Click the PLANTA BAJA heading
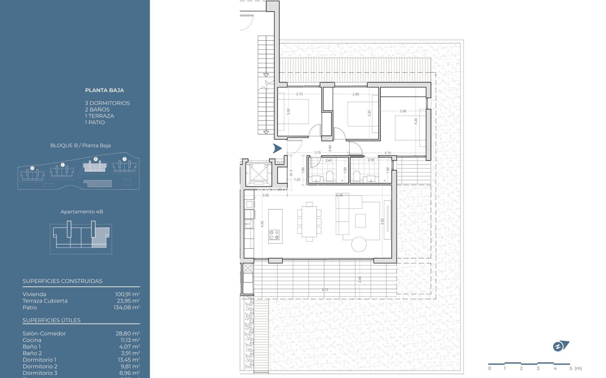(104, 90)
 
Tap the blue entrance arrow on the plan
(277, 148)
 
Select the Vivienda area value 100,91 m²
(127, 294)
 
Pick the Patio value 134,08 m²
(127, 307)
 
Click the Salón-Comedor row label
(44, 333)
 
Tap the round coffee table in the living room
(359, 244)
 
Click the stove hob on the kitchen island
(274, 235)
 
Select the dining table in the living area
(309, 221)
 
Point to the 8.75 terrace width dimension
(325, 290)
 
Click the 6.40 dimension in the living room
(339, 195)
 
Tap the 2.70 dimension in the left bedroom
(299, 94)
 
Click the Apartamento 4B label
(82, 212)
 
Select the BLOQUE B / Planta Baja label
(80, 146)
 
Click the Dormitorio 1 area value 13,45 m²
(127, 360)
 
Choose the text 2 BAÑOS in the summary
(97, 110)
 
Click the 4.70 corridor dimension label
(388, 153)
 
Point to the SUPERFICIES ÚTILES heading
(51, 320)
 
